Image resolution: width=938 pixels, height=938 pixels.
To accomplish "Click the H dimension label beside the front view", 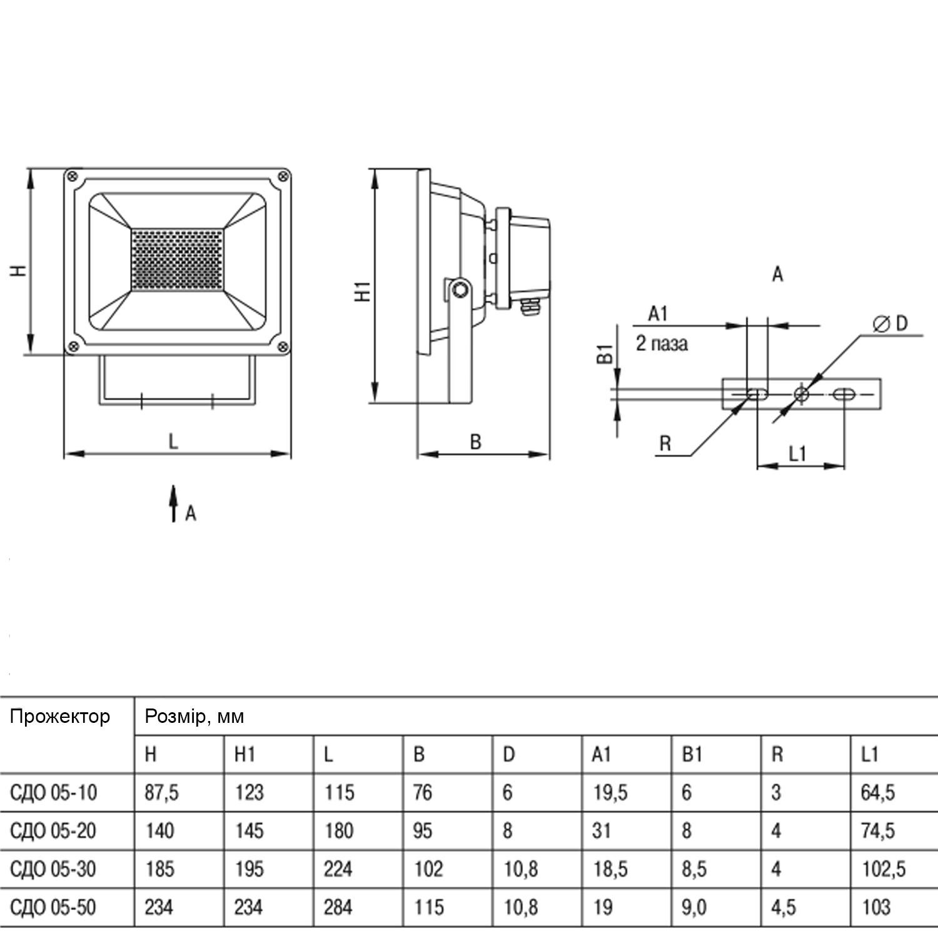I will [x=19, y=270].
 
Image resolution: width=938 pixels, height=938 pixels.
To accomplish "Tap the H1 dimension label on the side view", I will [x=363, y=291].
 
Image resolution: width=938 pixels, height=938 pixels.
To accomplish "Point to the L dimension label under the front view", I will [x=173, y=441].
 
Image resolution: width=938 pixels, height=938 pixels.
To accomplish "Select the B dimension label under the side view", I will [x=475, y=443].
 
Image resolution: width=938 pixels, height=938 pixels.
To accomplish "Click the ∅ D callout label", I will [x=890, y=324].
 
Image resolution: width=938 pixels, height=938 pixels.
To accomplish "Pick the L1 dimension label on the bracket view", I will [x=797, y=454].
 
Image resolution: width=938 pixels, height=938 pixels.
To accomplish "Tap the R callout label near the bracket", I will [x=665, y=444].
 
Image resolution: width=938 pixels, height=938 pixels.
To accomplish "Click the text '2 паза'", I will [x=662, y=343].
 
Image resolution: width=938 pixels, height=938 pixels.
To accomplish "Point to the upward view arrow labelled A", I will [x=174, y=503].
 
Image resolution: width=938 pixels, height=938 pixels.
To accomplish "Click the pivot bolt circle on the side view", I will [x=460, y=289].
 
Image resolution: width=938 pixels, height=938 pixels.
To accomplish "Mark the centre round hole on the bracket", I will [x=801, y=394].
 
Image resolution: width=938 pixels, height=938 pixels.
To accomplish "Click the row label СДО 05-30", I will [x=53, y=869].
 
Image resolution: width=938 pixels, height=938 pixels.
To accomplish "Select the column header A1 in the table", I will [x=601, y=755].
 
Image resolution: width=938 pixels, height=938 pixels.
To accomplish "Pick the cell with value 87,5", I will [x=161, y=793].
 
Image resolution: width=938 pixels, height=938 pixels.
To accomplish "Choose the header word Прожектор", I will [x=60, y=716].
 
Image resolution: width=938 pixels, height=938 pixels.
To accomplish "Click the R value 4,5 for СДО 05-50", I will [x=783, y=907].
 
